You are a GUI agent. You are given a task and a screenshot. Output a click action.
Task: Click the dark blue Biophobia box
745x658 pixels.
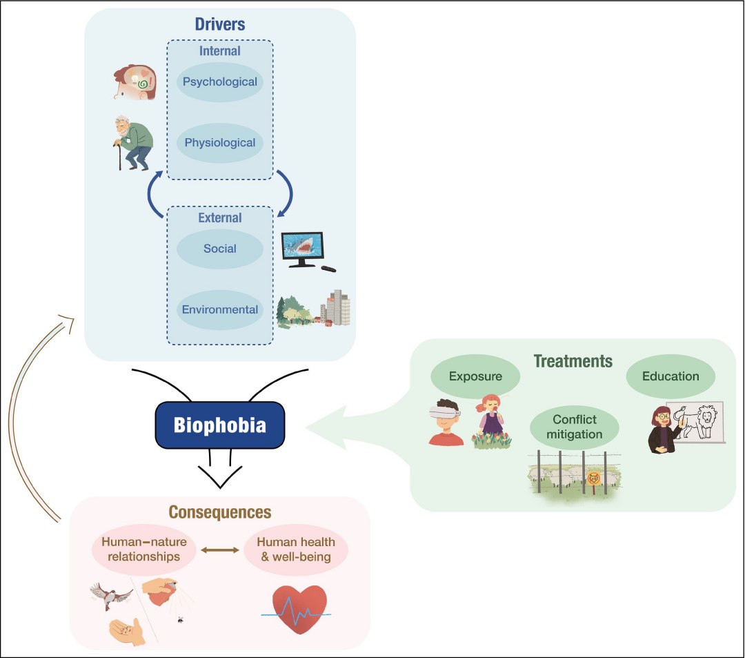(x=219, y=424)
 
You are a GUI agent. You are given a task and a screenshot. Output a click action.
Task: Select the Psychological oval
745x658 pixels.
(x=220, y=82)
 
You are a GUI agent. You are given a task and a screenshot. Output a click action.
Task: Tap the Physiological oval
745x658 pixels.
(x=220, y=144)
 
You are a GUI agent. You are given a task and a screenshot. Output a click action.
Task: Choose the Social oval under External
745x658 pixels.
(x=220, y=249)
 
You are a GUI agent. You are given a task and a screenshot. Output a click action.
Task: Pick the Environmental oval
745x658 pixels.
(x=220, y=309)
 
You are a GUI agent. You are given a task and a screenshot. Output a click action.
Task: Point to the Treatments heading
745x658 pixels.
(x=573, y=361)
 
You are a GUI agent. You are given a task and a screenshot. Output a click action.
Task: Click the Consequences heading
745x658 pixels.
(x=220, y=512)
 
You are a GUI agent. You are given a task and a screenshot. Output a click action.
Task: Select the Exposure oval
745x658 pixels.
(x=475, y=377)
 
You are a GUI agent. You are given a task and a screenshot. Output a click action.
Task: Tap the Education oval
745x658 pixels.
(x=670, y=377)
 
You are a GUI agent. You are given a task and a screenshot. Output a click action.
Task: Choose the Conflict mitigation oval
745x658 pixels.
(x=574, y=427)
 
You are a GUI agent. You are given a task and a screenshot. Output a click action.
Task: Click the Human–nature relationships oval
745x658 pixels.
(x=144, y=550)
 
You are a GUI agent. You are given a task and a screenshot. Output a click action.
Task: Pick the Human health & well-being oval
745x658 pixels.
(x=296, y=550)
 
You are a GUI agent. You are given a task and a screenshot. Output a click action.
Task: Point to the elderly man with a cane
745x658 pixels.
(x=133, y=143)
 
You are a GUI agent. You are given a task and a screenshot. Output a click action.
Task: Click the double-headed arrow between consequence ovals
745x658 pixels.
(x=220, y=550)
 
